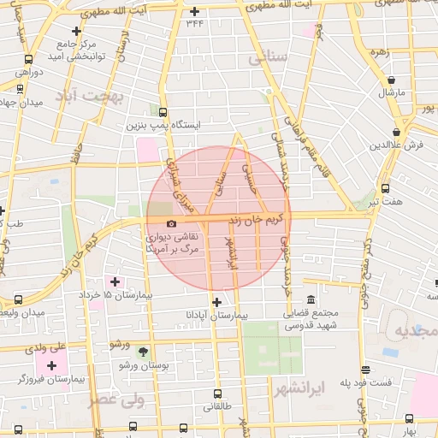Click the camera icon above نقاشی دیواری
(x=172, y=224)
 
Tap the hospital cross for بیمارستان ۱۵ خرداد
(x=115, y=281)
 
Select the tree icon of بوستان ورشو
(x=142, y=352)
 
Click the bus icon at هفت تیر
(x=385, y=189)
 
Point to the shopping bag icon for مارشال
(x=391, y=80)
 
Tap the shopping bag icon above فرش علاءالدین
(x=395, y=133)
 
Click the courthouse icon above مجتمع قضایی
(x=310, y=300)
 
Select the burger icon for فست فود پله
(x=366, y=370)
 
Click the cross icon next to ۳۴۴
(x=195, y=11)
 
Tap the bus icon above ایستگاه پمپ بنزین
(x=163, y=110)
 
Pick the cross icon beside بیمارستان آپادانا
(x=216, y=302)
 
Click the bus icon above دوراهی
(x=30, y=60)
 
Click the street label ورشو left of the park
(x=119, y=343)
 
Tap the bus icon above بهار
(x=409, y=418)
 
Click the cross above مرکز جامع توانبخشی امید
(x=77, y=31)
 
